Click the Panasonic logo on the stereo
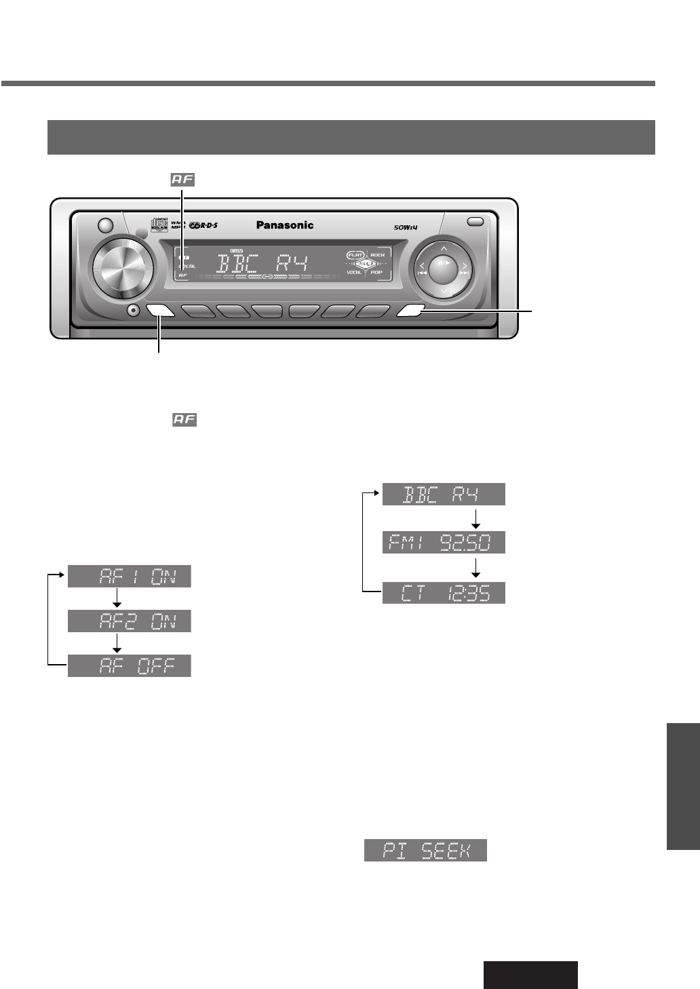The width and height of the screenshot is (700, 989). click(x=285, y=225)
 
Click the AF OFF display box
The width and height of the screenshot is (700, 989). click(x=129, y=665)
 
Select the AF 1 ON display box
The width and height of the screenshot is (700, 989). click(x=129, y=577)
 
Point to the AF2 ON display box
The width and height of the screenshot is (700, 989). click(x=129, y=621)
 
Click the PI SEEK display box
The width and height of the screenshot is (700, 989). click(x=425, y=851)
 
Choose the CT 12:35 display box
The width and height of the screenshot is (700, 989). click(x=444, y=593)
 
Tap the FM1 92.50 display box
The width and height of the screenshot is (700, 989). click(x=444, y=543)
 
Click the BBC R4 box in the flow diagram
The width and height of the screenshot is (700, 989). click(x=444, y=494)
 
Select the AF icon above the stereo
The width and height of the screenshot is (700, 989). click(x=182, y=180)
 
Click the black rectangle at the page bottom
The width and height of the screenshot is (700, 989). click(x=530, y=975)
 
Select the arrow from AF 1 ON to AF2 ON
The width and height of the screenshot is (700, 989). click(x=117, y=598)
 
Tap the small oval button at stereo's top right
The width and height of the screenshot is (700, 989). click(x=475, y=221)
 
